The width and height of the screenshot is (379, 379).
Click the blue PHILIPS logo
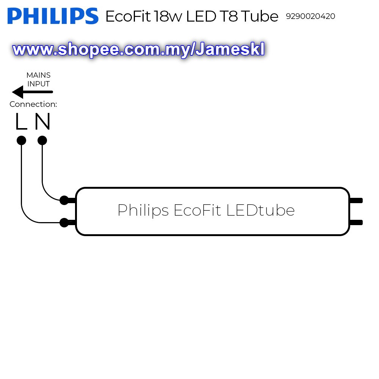[x=53, y=16]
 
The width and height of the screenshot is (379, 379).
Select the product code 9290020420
[x=310, y=17]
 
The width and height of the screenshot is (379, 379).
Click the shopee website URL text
[x=138, y=50]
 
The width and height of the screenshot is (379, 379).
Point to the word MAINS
[x=38, y=75]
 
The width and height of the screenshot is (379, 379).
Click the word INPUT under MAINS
[x=38, y=84]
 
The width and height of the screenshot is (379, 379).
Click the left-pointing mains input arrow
[x=32, y=92]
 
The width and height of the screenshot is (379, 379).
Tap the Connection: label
[x=33, y=104]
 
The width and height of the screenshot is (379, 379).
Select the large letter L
[x=21, y=122]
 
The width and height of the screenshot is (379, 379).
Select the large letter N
[x=42, y=122]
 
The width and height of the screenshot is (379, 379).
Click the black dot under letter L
[x=22, y=141]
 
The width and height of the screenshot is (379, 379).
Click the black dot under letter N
[x=42, y=141]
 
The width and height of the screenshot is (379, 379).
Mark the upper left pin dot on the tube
[x=64, y=200]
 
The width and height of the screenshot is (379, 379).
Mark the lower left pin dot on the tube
[x=64, y=222]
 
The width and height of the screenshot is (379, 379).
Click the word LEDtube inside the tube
[x=260, y=210]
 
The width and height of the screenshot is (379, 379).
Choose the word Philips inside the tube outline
[x=143, y=211]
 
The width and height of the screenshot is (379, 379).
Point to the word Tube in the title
[x=260, y=17]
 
